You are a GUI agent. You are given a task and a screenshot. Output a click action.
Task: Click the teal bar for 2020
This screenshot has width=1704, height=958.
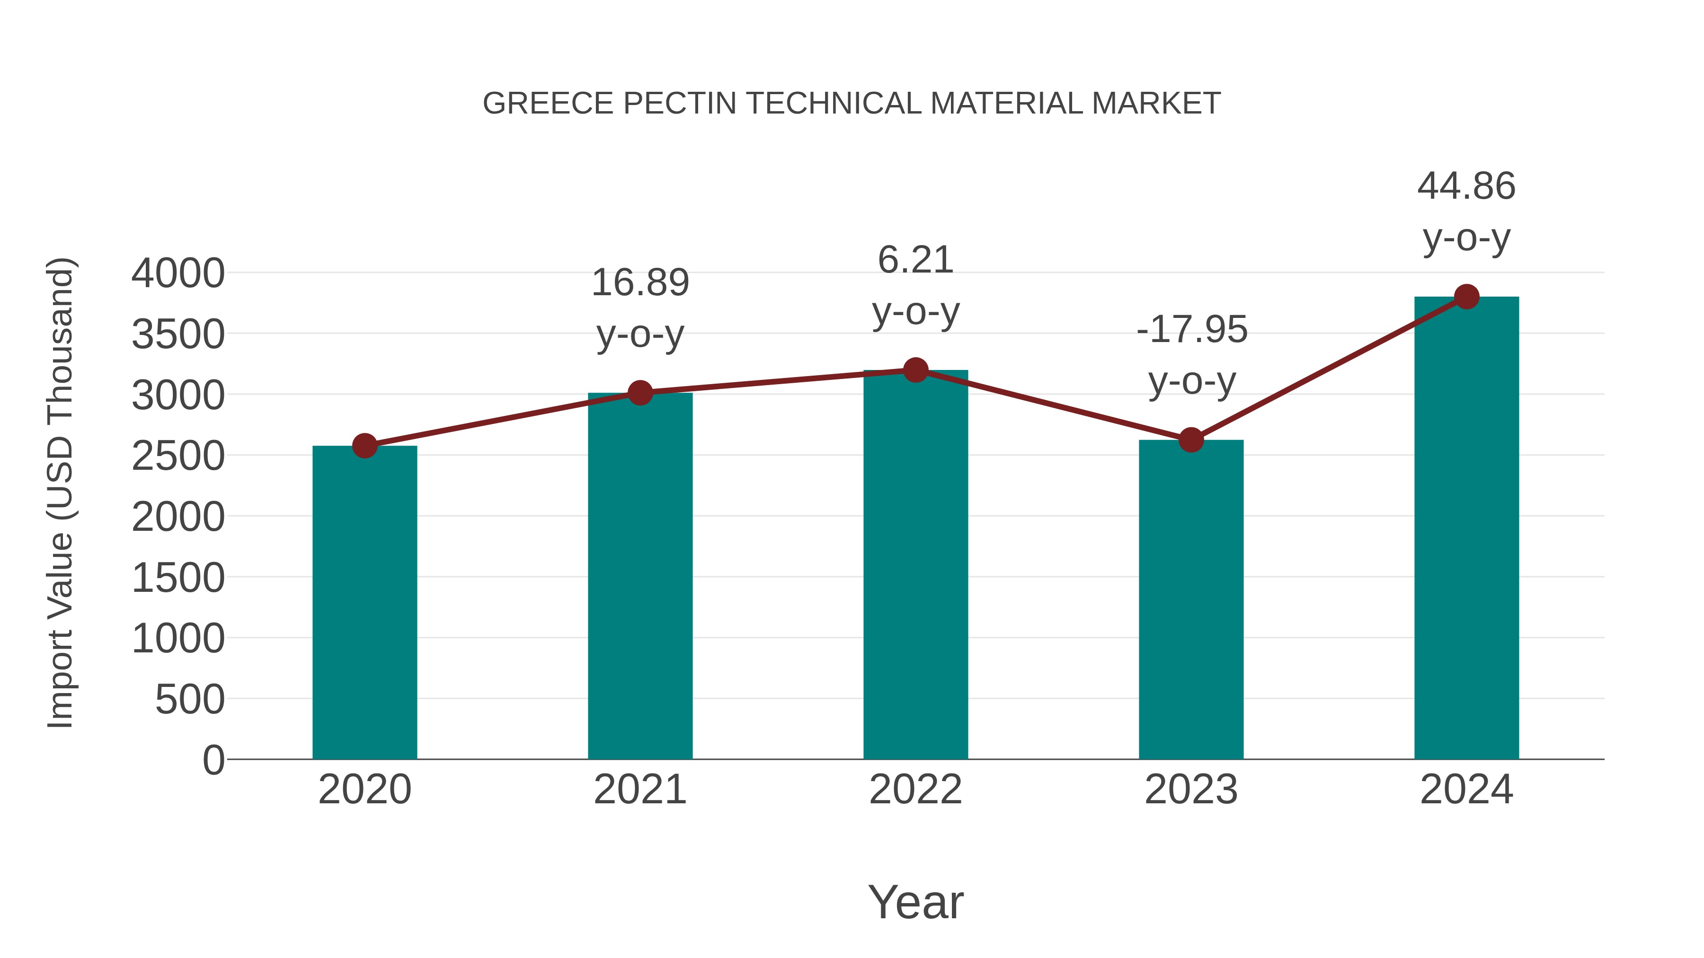tap(364, 602)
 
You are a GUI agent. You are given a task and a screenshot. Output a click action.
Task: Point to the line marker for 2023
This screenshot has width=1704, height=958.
tap(1191, 439)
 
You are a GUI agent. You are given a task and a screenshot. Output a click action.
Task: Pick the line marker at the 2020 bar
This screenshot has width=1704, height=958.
tap(364, 446)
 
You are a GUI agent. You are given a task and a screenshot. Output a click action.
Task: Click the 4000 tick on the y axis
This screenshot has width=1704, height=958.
tap(178, 273)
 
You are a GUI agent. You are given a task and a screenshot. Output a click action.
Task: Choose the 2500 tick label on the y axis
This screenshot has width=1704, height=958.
tap(178, 456)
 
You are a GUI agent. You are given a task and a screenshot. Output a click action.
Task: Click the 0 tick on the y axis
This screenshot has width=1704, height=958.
tap(213, 760)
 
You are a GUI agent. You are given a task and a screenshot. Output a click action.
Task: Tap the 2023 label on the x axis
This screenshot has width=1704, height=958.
tap(1191, 790)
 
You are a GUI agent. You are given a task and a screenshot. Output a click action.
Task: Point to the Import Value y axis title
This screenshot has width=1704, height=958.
tap(60, 492)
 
